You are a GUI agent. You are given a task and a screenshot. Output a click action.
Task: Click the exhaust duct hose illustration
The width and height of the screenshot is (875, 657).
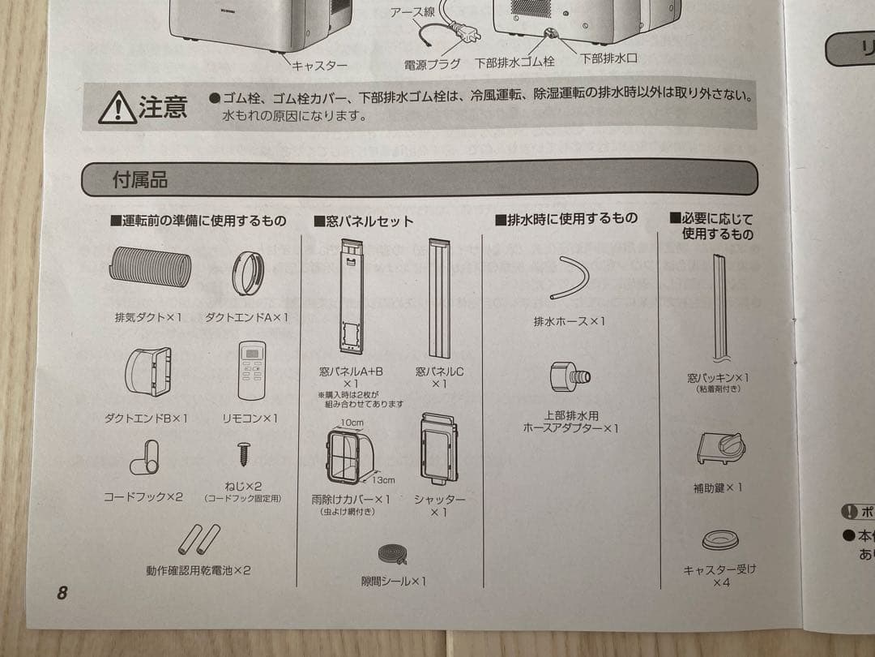pyautogui.click(x=151, y=268)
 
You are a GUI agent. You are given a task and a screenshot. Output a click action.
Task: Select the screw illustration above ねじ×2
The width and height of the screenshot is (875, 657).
pyautogui.click(x=242, y=453)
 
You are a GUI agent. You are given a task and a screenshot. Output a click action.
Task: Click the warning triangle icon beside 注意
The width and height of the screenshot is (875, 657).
pyautogui.click(x=117, y=108)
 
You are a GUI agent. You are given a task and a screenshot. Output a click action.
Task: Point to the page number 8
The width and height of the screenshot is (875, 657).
pyautogui.click(x=62, y=592)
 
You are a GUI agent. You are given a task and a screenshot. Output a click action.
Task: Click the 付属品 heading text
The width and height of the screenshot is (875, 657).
pyautogui.click(x=139, y=179)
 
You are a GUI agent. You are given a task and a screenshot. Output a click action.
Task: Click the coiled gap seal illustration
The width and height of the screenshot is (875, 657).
pyautogui.click(x=394, y=555)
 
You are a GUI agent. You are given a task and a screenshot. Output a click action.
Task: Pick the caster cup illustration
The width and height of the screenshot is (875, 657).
pyautogui.click(x=719, y=539)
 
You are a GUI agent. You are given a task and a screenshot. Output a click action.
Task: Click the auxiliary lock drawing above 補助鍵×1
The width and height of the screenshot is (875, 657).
pyautogui.click(x=721, y=449)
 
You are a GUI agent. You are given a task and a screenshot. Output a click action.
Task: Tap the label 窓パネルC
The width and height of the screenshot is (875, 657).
pyautogui.click(x=439, y=371)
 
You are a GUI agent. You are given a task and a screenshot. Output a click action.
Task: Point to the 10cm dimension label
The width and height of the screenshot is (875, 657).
pyautogui.click(x=351, y=423)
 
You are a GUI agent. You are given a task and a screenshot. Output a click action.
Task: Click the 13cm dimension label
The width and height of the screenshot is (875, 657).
pyautogui.click(x=383, y=480)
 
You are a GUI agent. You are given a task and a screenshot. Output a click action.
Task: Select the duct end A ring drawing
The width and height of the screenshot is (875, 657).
pyautogui.click(x=247, y=273)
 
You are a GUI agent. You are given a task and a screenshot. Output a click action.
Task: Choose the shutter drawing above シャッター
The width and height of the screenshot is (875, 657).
pyautogui.click(x=439, y=449)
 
